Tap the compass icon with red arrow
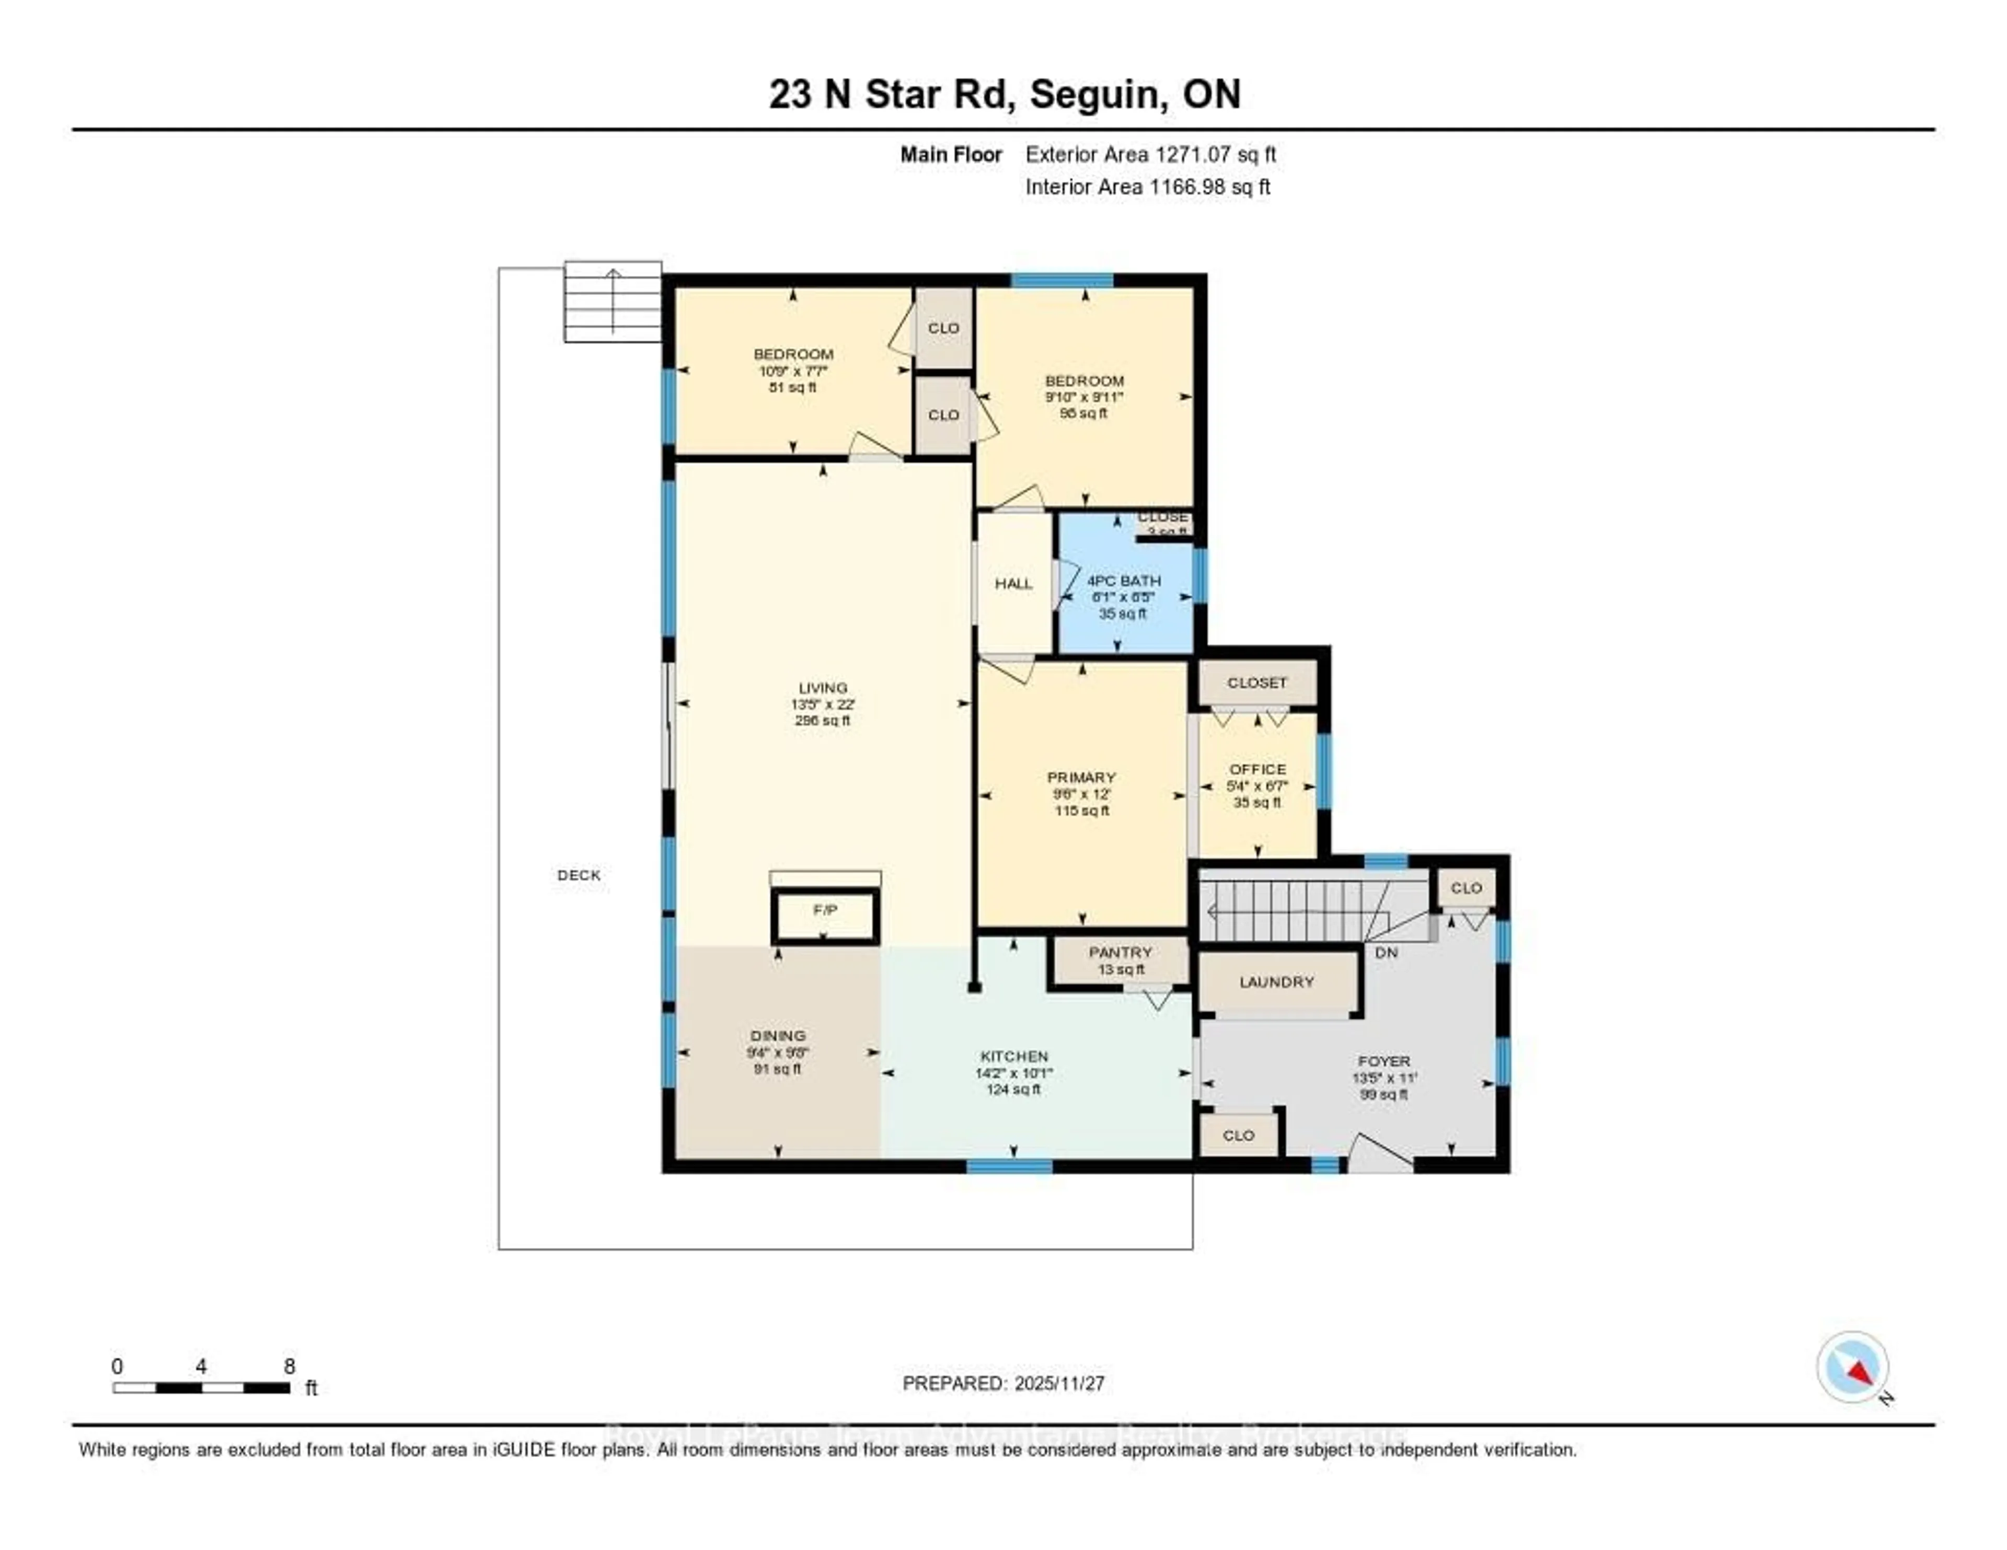pyautogui.click(x=1853, y=1367)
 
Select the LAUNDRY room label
pyautogui.click(x=1276, y=982)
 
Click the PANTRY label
pyautogui.click(x=1120, y=953)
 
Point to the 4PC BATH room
pyautogui.click(x=1123, y=582)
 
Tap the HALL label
pyautogui.click(x=1013, y=583)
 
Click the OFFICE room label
pyautogui.click(x=1257, y=770)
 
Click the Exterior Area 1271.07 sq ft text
pyautogui.click(x=1150, y=154)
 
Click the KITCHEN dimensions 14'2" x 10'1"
pyautogui.click(x=1013, y=1073)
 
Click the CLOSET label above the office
pyautogui.click(x=1257, y=683)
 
